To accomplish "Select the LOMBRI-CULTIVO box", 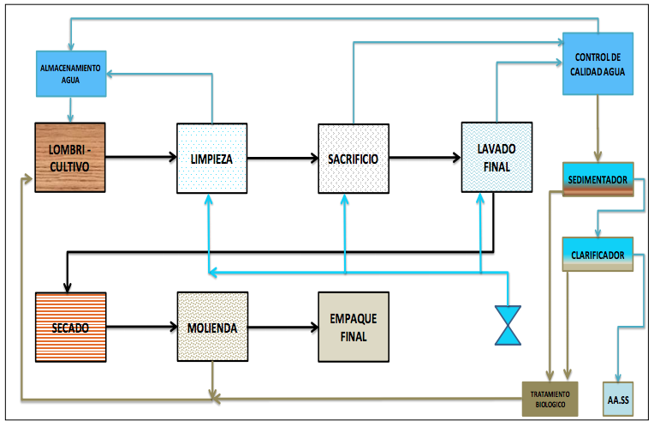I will point(69,158).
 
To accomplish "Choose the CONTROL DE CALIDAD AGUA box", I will point(598,65).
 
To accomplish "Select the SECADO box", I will point(69,327).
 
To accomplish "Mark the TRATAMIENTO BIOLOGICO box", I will point(550,398).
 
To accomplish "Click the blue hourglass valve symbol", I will point(508,325).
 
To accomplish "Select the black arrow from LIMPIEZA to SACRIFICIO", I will point(282,158).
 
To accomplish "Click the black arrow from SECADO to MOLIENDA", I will point(140,327).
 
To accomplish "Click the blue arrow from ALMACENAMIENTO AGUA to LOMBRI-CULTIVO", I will point(70,109).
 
